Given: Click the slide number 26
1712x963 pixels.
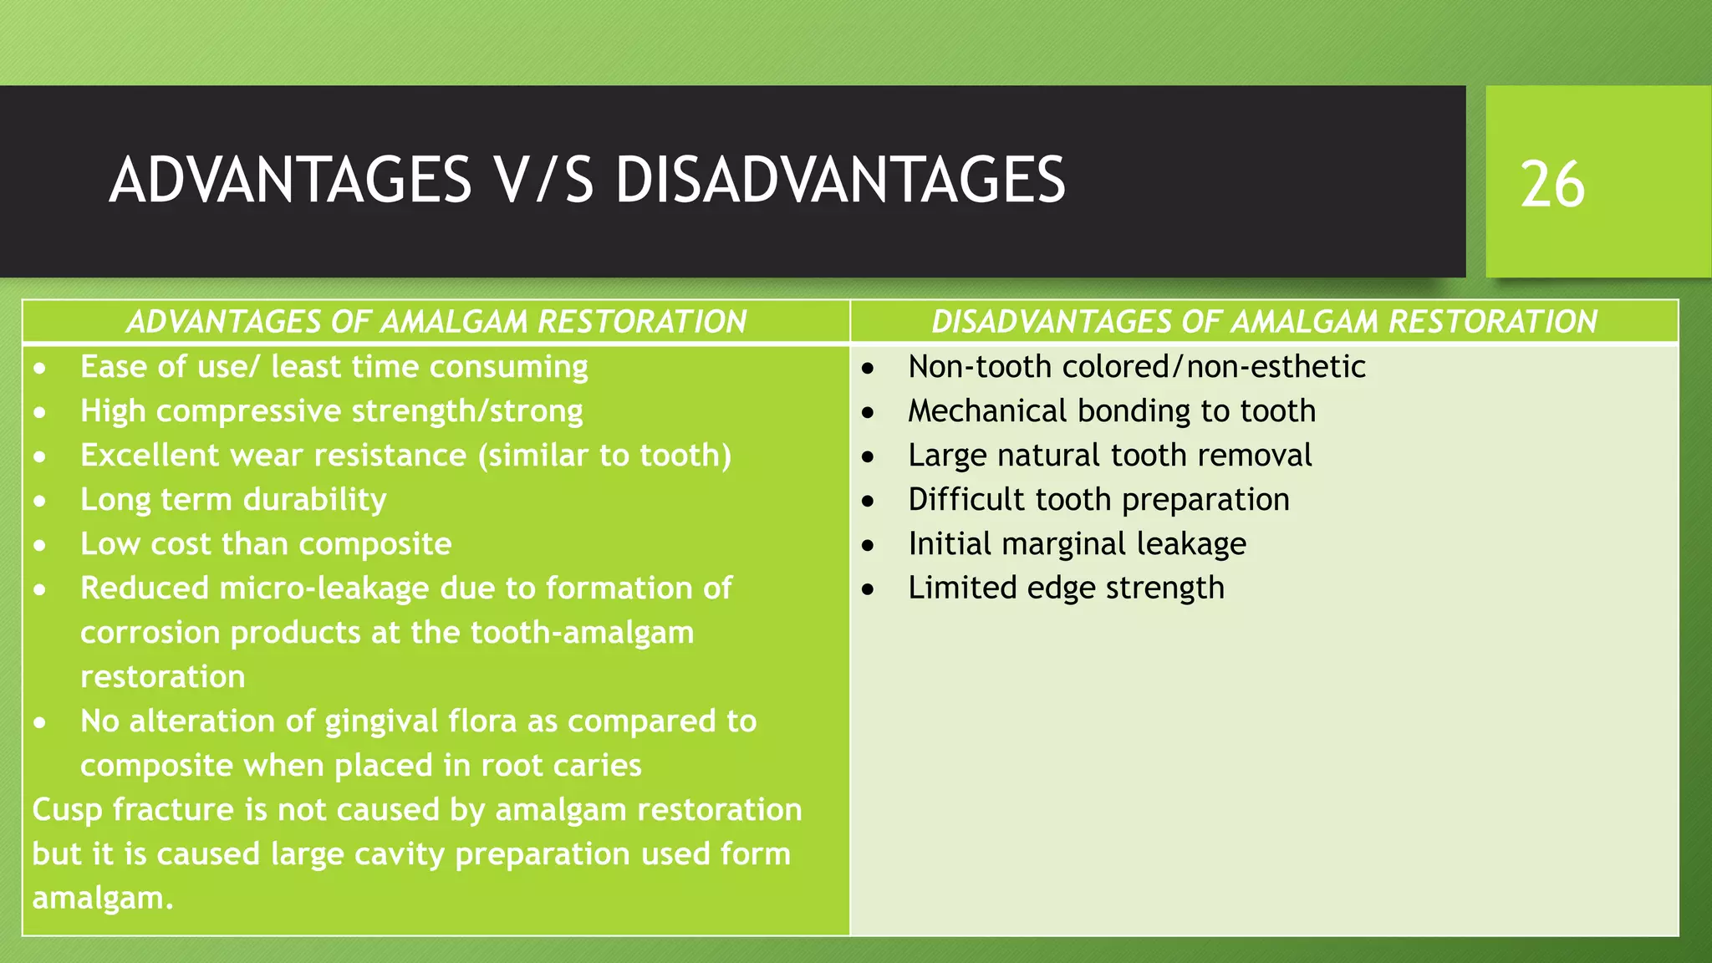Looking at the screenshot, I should coord(1551,185).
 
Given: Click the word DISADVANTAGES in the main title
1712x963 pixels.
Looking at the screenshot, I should coord(839,181).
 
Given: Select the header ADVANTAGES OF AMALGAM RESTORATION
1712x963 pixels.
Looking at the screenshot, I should coord(436,322).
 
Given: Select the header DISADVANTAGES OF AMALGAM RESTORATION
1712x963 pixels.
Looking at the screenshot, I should coord(1264,322).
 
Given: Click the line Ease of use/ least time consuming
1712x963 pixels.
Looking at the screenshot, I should coord(334,367).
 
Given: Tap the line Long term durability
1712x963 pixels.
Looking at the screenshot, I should coord(233,500).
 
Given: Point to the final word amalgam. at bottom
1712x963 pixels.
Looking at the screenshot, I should coord(102,899).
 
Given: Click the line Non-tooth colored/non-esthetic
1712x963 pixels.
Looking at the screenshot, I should coord(1136,367).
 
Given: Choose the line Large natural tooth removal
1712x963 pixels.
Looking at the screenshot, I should coord(1109,456).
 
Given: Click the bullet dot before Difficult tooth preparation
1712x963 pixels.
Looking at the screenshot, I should coord(869,502).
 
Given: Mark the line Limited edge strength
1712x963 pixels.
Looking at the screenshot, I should coord(1066,588).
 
